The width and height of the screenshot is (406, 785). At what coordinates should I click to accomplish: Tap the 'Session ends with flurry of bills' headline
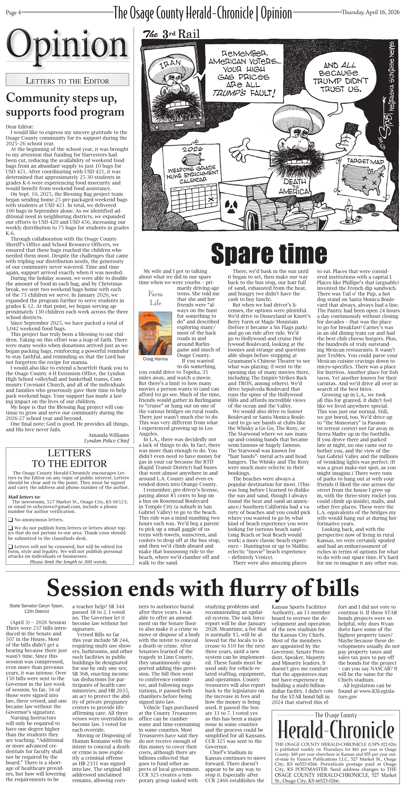pos(203,588)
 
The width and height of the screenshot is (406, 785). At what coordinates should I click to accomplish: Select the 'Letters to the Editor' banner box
pos(67,81)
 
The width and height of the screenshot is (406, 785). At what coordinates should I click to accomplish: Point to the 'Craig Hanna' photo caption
pos(155,359)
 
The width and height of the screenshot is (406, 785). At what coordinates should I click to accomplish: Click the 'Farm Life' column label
pos(155,298)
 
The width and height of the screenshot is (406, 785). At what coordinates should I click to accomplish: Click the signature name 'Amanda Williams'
pos(109,435)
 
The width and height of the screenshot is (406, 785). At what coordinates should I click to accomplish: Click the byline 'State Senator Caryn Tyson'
pos(37,606)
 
